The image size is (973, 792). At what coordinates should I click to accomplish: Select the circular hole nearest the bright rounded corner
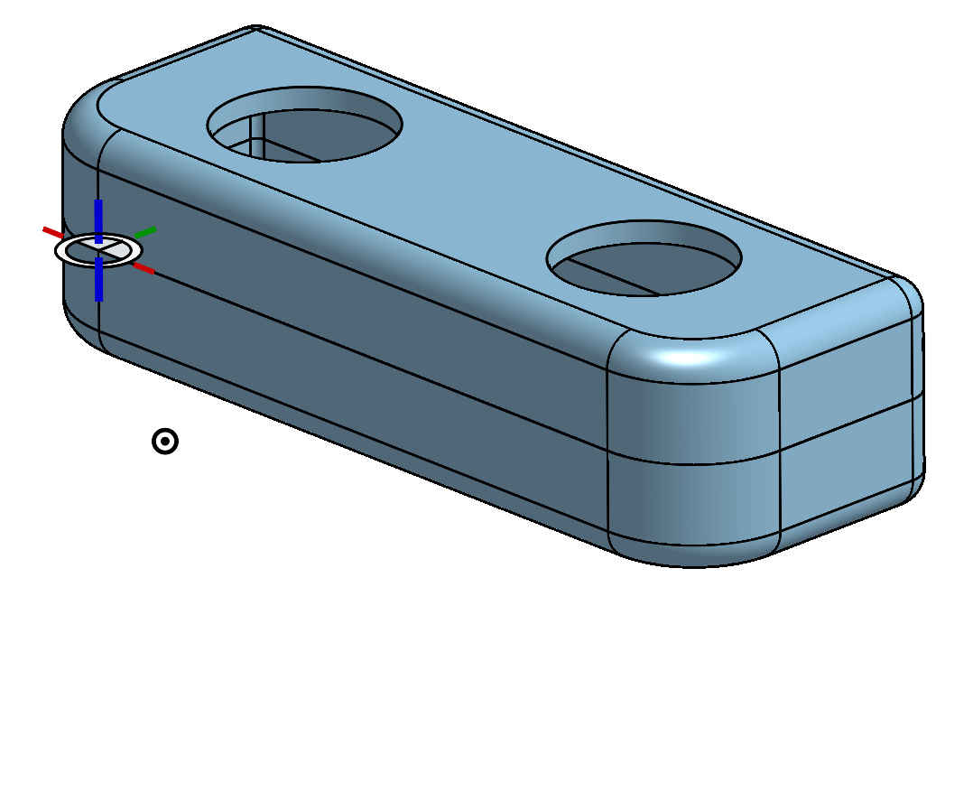[644, 257]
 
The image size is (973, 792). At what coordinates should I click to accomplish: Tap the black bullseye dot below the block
[165, 441]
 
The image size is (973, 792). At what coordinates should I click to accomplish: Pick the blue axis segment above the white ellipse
[98, 219]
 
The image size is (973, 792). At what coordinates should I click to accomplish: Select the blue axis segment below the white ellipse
[98, 281]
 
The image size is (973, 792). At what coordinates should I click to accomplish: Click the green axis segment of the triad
[145, 232]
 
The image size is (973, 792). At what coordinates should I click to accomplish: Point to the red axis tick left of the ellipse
[51, 232]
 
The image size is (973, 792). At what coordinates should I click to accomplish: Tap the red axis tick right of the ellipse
[144, 268]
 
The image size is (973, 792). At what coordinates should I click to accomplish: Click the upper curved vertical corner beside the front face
[690, 415]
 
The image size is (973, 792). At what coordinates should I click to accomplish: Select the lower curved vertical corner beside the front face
[690, 506]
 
